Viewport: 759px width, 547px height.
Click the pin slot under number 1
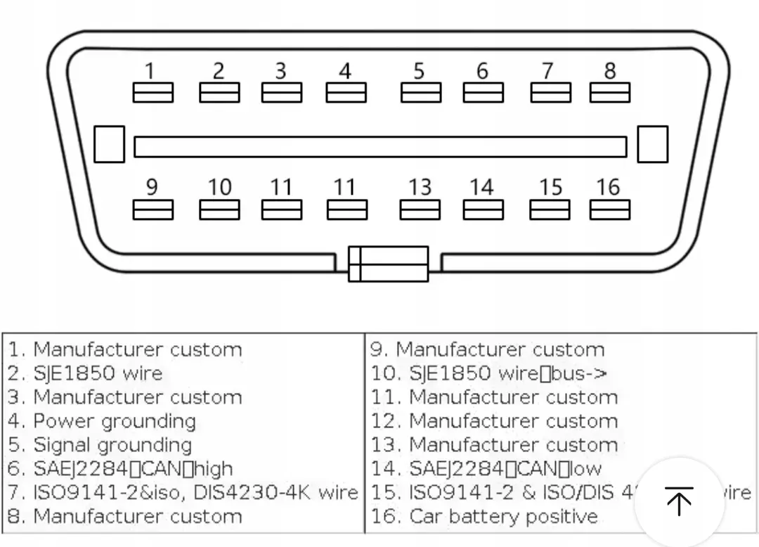click(x=153, y=93)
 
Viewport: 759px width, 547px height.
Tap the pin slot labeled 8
click(x=610, y=93)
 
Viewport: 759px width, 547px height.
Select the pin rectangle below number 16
click(x=610, y=210)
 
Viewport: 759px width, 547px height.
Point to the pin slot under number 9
click(x=153, y=210)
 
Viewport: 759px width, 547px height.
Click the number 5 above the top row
click(x=419, y=71)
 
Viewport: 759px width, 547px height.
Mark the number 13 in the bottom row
click(x=420, y=188)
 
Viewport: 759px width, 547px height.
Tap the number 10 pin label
click(x=219, y=188)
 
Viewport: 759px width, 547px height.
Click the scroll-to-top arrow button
click(x=678, y=501)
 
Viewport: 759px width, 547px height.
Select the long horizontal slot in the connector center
click(x=379, y=146)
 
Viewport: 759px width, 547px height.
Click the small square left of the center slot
click(x=109, y=144)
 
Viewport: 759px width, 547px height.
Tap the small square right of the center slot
click(x=652, y=144)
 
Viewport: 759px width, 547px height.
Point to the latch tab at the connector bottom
click(x=389, y=264)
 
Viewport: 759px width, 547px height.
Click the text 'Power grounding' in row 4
click(x=115, y=421)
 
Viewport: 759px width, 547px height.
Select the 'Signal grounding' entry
click(x=112, y=445)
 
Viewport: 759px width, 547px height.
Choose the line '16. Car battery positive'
click(x=484, y=517)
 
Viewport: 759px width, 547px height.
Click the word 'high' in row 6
click(x=214, y=469)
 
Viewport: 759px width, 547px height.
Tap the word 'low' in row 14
click(x=585, y=469)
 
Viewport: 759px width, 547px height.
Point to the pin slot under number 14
click(x=483, y=210)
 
